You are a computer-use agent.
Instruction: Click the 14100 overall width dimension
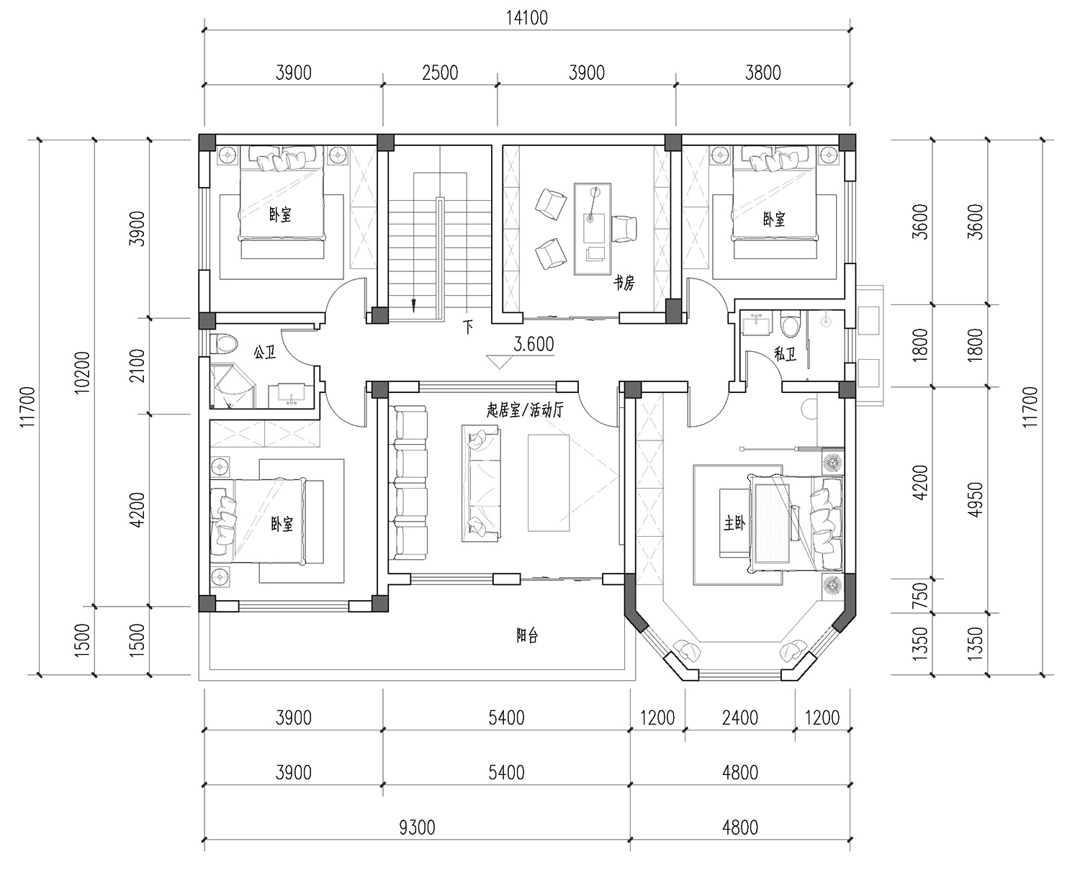click(527, 19)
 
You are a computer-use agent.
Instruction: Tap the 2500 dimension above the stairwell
click(440, 73)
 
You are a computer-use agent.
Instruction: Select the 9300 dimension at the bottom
click(417, 828)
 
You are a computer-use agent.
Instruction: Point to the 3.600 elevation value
click(534, 344)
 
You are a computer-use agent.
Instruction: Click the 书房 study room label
click(624, 283)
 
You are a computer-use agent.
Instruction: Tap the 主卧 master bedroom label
click(734, 523)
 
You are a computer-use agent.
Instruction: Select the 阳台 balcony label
click(527, 636)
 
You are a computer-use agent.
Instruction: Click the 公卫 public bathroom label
click(265, 352)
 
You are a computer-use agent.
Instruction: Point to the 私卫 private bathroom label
click(785, 354)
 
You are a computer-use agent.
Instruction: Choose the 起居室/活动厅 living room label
click(525, 410)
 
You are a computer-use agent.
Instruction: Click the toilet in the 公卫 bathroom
click(224, 343)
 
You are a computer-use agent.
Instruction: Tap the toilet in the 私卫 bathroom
click(789, 324)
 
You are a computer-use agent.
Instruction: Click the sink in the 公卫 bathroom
click(291, 396)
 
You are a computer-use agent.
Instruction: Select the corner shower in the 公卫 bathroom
click(231, 386)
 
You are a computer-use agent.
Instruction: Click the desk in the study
click(593, 229)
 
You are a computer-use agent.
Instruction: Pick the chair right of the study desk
click(624, 229)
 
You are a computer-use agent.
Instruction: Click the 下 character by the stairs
click(467, 327)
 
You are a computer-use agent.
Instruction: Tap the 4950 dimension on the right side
click(976, 499)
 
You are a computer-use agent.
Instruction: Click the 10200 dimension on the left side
click(82, 372)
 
